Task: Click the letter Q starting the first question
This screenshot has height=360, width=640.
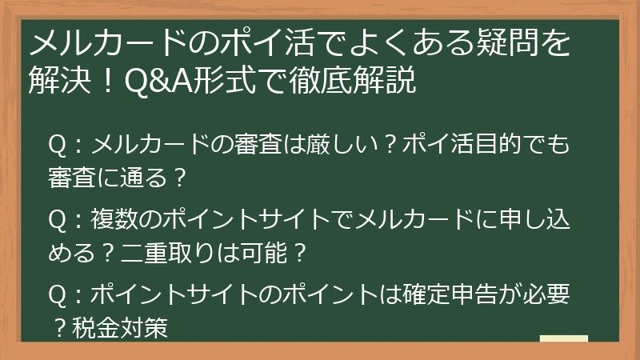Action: click(58, 146)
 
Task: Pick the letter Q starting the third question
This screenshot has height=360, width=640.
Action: click(58, 296)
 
